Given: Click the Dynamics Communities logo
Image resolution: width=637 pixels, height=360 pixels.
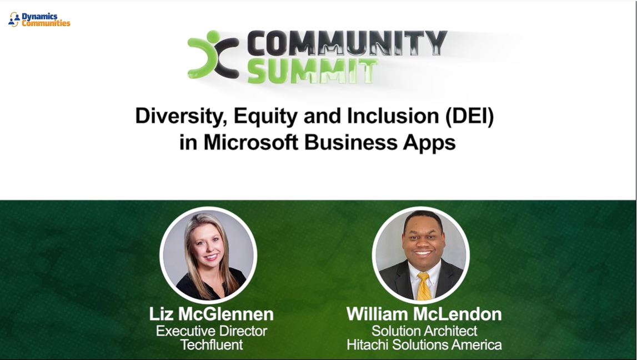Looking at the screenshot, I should click(x=39, y=19).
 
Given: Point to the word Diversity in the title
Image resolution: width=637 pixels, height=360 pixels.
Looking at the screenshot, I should click(x=180, y=117).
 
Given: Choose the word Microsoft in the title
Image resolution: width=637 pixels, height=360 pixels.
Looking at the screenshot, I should click(x=253, y=142).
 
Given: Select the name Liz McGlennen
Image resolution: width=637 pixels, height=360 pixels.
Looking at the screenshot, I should click(x=211, y=314).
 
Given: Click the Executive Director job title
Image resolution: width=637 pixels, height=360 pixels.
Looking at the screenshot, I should click(x=211, y=331).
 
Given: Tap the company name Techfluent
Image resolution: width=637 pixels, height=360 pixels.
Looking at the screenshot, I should click(x=211, y=344).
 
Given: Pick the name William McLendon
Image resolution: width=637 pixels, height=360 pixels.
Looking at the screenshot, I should click(x=424, y=314).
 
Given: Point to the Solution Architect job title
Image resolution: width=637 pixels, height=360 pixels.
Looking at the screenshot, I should click(x=424, y=331).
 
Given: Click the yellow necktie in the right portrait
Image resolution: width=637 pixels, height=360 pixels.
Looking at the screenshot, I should click(x=424, y=286).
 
